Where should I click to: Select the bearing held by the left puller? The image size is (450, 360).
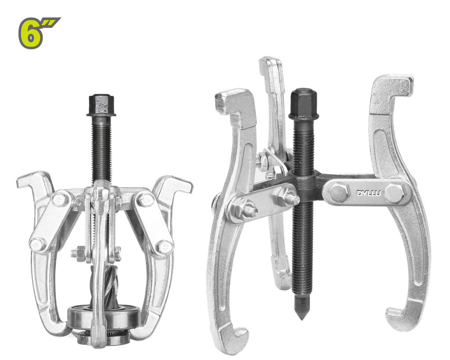tap(104, 316)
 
